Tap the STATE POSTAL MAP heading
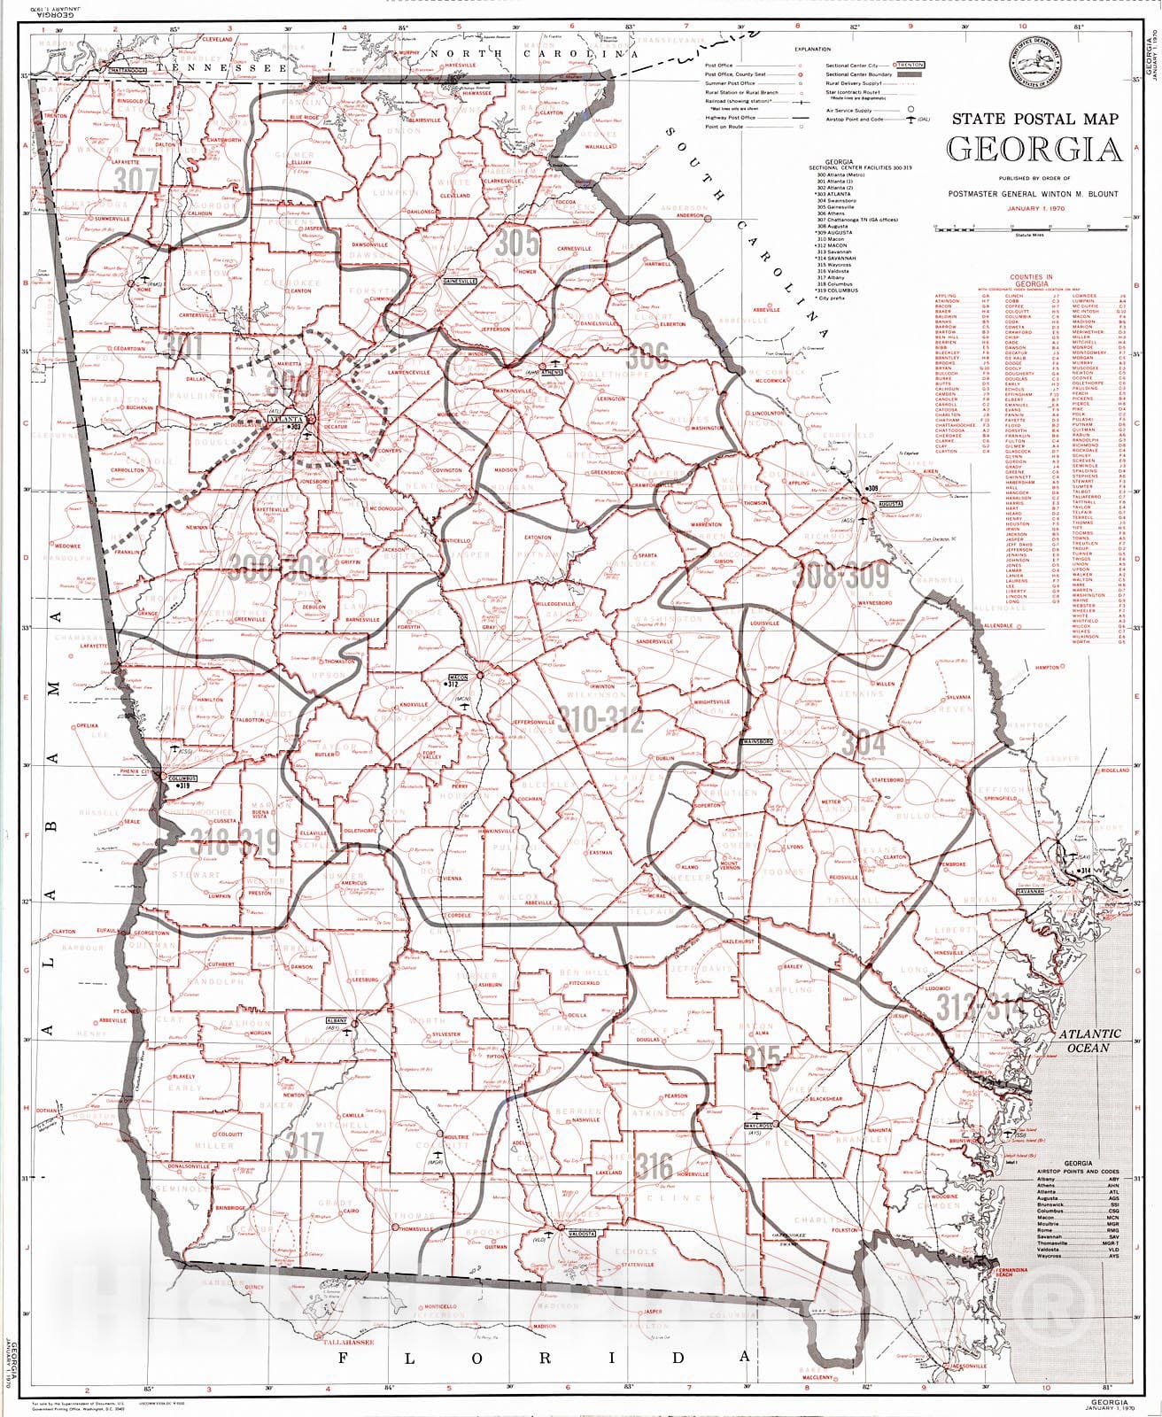(1034, 119)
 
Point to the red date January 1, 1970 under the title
(1034, 209)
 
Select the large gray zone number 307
(136, 180)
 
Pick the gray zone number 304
(863, 742)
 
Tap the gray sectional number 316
(654, 1166)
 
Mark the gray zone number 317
(305, 1145)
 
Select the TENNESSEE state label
(230, 67)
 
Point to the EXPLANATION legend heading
(812, 50)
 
